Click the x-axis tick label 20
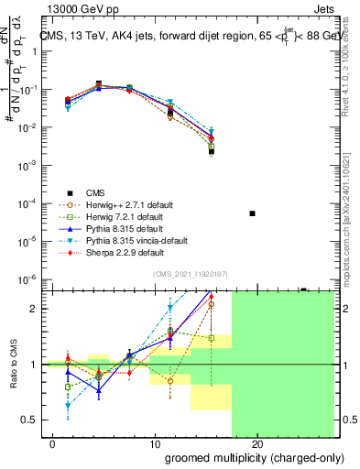[x=257, y=445]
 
